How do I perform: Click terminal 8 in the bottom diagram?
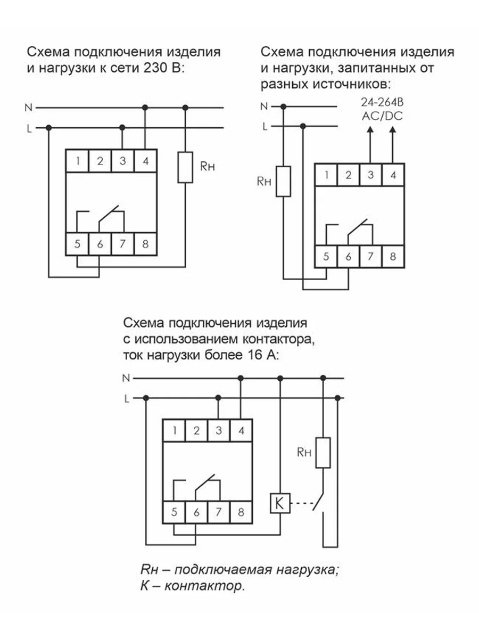(x=241, y=512)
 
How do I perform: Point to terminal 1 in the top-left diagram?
(x=77, y=161)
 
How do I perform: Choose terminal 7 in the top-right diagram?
(x=370, y=257)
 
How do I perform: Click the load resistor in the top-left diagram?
(x=185, y=167)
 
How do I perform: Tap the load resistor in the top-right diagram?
(x=283, y=181)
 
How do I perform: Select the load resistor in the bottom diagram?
(x=323, y=453)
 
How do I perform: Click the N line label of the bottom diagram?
(x=126, y=378)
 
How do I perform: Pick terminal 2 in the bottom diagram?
(x=196, y=430)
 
